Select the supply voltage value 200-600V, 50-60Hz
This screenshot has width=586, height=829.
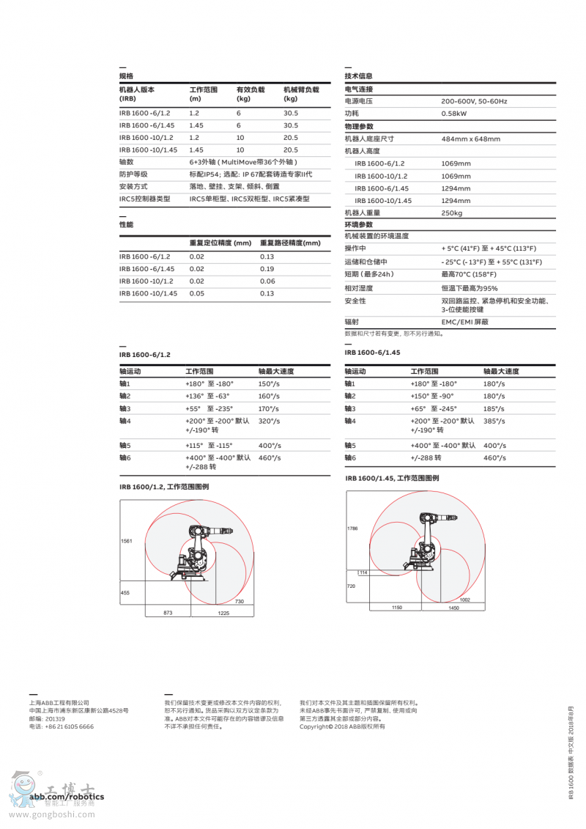coord(474,101)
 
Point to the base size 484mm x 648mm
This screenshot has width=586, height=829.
coord(470,139)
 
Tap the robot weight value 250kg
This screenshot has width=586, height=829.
coord(451,213)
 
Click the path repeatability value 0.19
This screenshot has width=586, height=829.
coord(267,269)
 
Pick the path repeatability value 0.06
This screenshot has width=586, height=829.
coord(267,281)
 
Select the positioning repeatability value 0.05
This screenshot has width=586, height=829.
coord(197,294)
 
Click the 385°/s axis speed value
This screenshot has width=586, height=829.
coord(494,421)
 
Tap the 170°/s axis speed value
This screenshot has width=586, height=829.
coord(270,409)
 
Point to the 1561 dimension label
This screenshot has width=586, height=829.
coord(127,542)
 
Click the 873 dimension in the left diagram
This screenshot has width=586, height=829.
coord(168,612)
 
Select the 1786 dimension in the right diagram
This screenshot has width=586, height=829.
coord(352,528)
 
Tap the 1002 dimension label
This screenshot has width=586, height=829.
coord(464,600)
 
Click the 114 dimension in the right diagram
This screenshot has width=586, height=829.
coord(363,572)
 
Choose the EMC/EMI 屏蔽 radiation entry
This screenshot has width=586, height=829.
coord(464,322)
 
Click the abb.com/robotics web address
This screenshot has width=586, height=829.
coord(67,797)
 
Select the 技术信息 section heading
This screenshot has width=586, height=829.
coord(358,76)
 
